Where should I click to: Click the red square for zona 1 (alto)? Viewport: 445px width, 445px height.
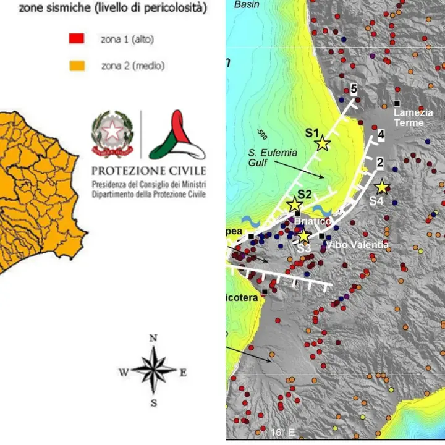[76, 40]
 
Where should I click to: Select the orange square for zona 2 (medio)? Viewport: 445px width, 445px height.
[76, 66]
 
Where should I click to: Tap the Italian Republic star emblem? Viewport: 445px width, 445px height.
[112, 132]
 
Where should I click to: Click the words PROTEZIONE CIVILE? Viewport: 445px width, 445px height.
[149, 171]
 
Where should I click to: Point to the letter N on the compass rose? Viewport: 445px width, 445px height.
[153, 337]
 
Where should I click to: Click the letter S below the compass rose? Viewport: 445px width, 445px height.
[153, 403]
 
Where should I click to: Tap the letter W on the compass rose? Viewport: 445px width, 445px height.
[123, 371]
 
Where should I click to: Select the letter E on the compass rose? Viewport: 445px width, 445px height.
[183, 372]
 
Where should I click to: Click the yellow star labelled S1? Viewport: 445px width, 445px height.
[323, 143]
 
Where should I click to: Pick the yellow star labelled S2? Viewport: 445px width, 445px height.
[295, 205]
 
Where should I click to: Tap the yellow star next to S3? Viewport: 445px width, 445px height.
[303, 236]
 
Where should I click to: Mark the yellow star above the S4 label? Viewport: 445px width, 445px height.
[381, 186]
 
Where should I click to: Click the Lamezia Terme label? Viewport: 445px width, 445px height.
[409, 118]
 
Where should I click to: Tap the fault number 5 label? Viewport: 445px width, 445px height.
[354, 89]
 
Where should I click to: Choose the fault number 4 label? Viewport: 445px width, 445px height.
[381, 134]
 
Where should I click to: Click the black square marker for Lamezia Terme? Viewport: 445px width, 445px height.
[397, 103]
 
